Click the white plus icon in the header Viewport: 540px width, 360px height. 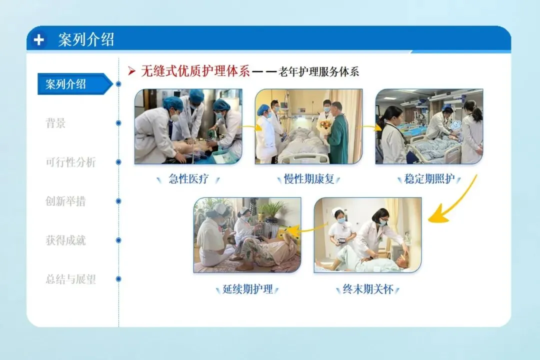(x=39, y=40)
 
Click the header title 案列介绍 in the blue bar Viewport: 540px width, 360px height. (x=86, y=40)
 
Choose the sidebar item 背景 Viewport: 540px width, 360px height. (x=55, y=123)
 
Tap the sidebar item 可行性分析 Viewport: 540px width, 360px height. (x=70, y=162)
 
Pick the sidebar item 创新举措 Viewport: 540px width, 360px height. (x=65, y=201)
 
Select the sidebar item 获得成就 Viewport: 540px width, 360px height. (x=65, y=240)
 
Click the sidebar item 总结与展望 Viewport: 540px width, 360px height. (x=70, y=279)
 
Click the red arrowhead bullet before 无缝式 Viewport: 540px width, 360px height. (x=131, y=71)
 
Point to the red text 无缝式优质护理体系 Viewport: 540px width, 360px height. (x=195, y=71)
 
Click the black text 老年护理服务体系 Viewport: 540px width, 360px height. (x=318, y=71)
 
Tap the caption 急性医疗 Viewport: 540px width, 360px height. (x=188, y=179)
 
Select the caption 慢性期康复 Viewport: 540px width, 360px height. (x=309, y=179)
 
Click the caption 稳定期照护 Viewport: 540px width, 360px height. (x=429, y=179)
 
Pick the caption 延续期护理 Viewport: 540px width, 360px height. (x=247, y=289)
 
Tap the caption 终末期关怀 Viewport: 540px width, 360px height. (x=368, y=289)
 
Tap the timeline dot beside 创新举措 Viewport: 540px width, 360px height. (x=118, y=201)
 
